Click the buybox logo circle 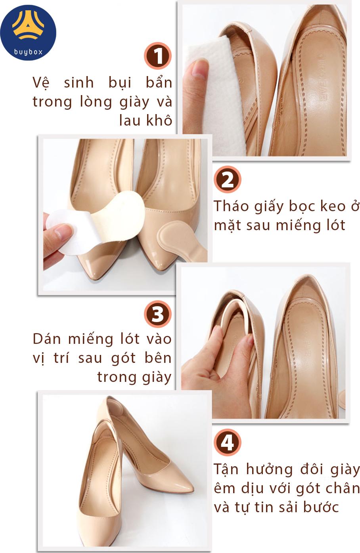[28, 32]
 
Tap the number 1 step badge [158, 56]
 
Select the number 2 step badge [227, 179]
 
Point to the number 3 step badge [158, 314]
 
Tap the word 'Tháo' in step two [231, 206]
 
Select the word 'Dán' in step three [47, 339]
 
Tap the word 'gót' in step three [123, 358]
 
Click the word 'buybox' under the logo [28, 52]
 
